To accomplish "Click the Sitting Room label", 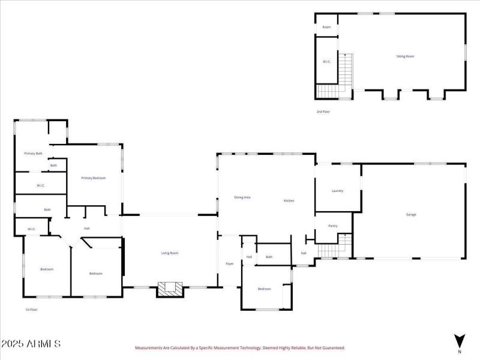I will coord(405,56).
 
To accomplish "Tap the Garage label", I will coord(411,214).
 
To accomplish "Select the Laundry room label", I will coord(337,191).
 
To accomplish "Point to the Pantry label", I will coord(333,226).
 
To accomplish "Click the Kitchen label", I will coord(289,200).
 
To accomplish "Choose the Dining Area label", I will coord(242,197).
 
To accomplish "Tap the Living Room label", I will coord(170,253).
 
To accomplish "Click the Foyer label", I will coord(229,264).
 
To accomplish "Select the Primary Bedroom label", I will coord(94,178).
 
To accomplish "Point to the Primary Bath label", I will coord(33,154).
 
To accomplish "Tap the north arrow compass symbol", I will coord(460,340).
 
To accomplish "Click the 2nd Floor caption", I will coord(323,112).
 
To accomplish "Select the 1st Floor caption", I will coord(31,310).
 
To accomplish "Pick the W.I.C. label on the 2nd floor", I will coord(327,62).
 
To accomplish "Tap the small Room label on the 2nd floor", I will coord(327,27).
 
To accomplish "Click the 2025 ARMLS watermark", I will coord(31,344).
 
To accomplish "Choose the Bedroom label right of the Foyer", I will coord(265,289).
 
